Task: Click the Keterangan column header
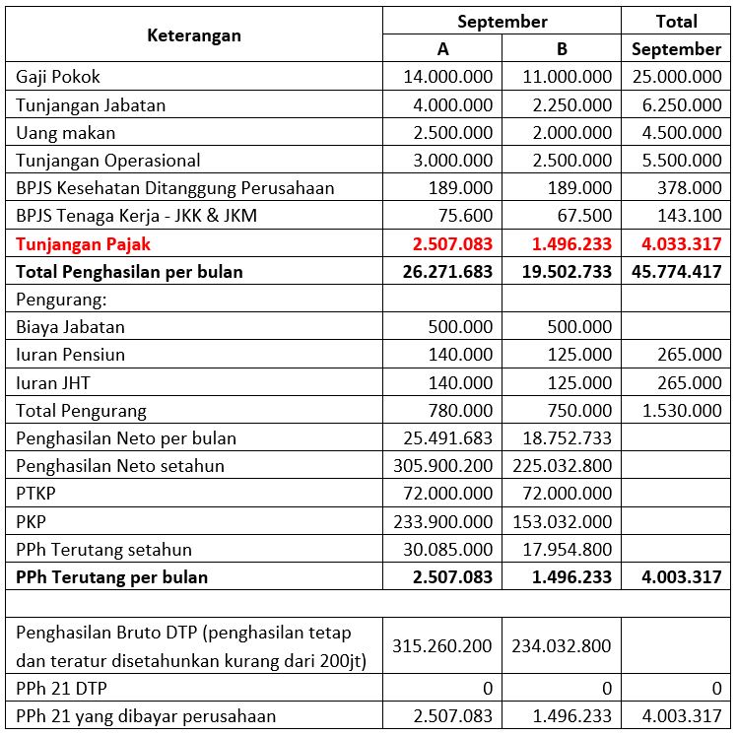coord(194,35)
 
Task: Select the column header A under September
coord(442,49)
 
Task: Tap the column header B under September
coord(562,49)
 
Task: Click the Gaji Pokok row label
coord(58,77)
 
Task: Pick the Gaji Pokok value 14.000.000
coord(448,77)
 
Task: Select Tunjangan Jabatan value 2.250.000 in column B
coord(567,105)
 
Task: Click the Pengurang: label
coord(59,299)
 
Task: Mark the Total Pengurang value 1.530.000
coord(681,411)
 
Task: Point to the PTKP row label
coord(37,494)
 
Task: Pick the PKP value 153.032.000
coord(563,521)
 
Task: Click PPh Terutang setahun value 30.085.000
coord(448,549)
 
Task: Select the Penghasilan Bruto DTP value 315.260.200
coord(443,646)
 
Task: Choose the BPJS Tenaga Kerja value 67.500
coord(582,216)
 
